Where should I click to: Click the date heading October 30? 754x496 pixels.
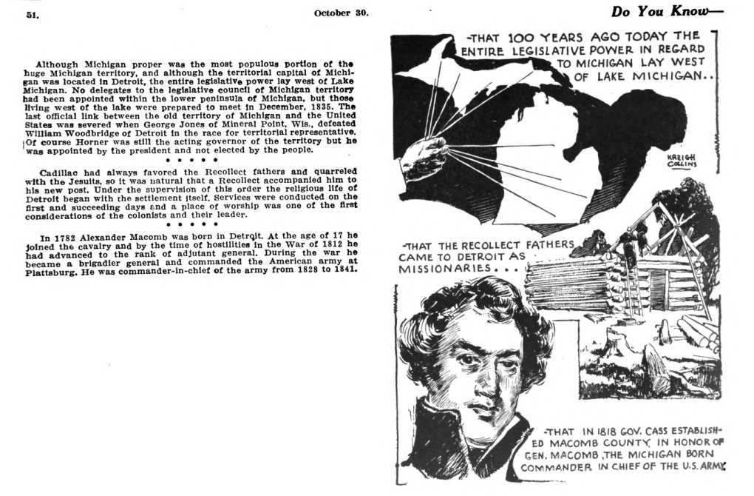click(341, 13)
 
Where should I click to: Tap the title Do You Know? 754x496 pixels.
click(666, 12)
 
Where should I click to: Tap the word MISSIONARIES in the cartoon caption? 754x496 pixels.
click(441, 268)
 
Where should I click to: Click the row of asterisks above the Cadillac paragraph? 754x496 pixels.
click(191, 159)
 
